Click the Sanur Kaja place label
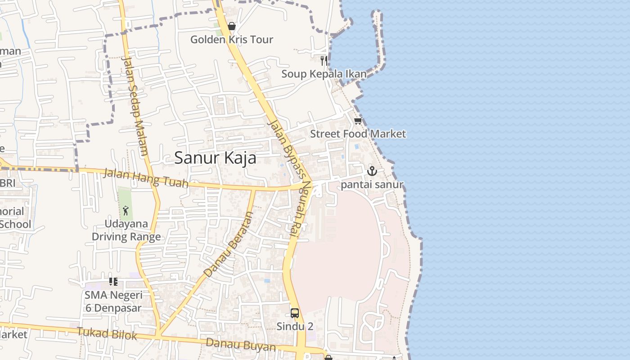[x=215, y=158]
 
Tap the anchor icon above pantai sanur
[x=372, y=171]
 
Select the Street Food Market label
[x=358, y=134]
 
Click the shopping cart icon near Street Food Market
[x=358, y=121]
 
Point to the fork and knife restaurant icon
[x=324, y=60]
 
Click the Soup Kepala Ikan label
[x=324, y=74]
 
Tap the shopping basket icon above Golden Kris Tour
[x=232, y=26]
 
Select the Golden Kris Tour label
[x=232, y=40]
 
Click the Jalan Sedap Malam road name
[x=135, y=106]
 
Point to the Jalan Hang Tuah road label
[x=146, y=178]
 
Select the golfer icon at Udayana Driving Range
[x=126, y=210]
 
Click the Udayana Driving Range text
[x=126, y=230]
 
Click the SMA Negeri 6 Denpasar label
[x=113, y=301]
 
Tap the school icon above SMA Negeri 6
[x=113, y=282]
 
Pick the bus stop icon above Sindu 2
[x=295, y=313]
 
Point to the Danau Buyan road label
[x=241, y=345]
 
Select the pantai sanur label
[x=372, y=184]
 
